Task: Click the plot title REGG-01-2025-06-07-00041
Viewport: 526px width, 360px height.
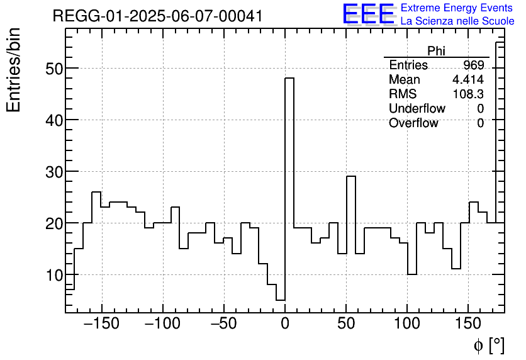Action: tap(157, 16)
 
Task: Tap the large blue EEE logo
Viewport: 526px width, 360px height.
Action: tap(368, 14)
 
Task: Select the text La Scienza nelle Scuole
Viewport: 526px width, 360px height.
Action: tap(457, 21)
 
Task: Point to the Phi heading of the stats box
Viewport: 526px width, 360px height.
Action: tap(436, 51)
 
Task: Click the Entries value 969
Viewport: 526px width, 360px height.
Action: tap(473, 65)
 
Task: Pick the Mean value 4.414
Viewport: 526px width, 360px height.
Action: tap(468, 80)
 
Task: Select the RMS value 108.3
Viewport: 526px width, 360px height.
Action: tap(468, 94)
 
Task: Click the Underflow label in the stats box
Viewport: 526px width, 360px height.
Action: tap(417, 109)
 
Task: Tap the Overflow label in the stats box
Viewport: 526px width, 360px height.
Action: tap(413, 123)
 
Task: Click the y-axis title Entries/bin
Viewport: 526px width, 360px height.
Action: tap(14, 70)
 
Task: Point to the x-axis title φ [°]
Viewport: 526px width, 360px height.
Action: tap(489, 345)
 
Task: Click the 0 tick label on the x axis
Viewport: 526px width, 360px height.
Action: tap(285, 325)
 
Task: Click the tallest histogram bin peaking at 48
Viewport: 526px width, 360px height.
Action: tap(289, 189)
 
